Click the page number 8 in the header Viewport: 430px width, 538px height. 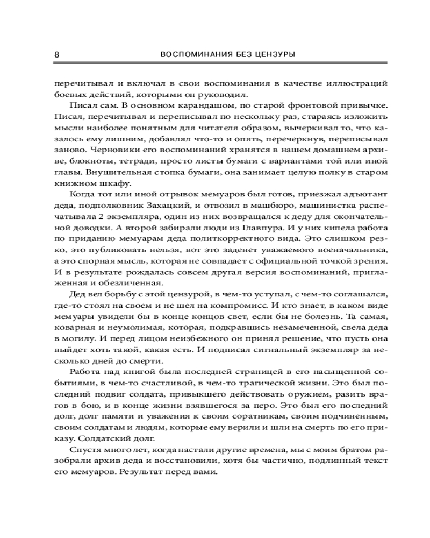tap(57, 54)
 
